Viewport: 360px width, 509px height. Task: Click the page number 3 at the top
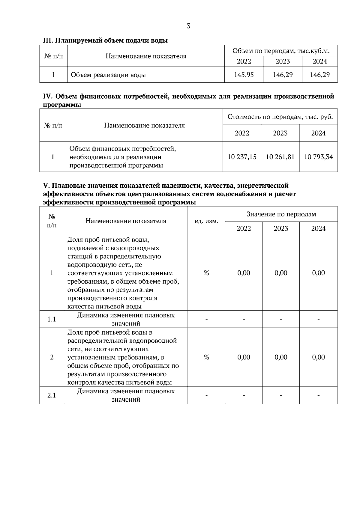(188, 26)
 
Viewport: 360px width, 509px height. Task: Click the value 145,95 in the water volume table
(244, 75)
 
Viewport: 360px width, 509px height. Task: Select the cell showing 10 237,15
(242, 157)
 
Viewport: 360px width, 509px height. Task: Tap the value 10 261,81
(280, 157)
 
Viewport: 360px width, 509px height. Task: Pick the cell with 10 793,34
(318, 157)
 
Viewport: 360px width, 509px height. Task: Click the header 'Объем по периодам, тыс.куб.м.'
(281, 51)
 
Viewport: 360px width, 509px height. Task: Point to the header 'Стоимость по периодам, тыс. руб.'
(280, 117)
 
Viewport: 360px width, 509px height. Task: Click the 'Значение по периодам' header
(281, 214)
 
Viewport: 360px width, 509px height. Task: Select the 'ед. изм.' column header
(206, 221)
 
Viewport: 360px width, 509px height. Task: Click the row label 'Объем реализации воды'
(108, 75)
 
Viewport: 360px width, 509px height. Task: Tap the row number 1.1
(52, 319)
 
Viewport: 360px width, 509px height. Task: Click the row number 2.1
(52, 395)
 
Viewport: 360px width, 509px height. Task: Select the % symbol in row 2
(206, 357)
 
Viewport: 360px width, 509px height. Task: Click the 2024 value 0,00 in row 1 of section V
(318, 273)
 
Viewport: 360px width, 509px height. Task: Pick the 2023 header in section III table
(283, 61)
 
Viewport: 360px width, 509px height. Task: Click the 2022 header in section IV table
(242, 133)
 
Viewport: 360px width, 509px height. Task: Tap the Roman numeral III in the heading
(47, 40)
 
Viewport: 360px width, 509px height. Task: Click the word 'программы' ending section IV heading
(62, 105)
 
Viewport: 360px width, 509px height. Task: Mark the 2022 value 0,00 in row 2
(244, 357)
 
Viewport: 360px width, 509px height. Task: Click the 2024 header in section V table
(318, 228)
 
